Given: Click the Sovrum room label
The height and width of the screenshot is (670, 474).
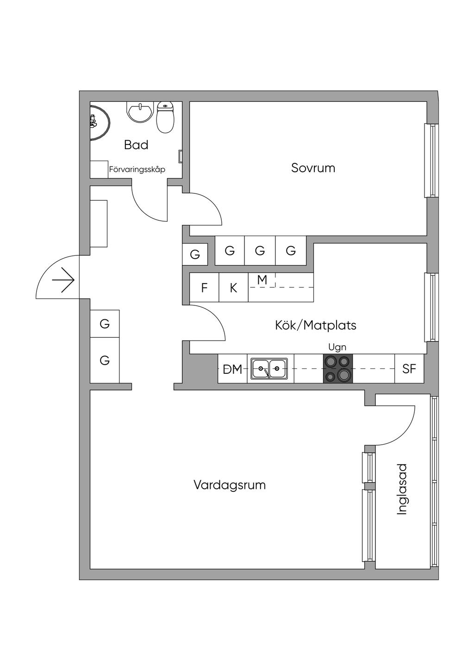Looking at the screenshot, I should (x=313, y=168).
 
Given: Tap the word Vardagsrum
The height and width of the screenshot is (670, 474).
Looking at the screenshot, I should (x=230, y=485).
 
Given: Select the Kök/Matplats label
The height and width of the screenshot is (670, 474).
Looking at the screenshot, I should (x=316, y=325).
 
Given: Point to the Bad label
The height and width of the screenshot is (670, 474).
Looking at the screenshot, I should (x=136, y=145).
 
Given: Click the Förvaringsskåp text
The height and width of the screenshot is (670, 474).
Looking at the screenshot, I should (x=137, y=170).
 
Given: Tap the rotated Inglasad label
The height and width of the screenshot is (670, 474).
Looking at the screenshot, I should (x=402, y=489).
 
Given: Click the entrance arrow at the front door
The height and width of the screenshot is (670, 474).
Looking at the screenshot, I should (x=63, y=280).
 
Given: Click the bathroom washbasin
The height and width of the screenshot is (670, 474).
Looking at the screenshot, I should (x=139, y=112).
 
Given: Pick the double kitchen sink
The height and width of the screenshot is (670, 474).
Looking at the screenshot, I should (x=269, y=369).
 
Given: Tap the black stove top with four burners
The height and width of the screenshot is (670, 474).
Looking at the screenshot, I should (x=337, y=369).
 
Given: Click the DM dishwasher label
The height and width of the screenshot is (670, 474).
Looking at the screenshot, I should (x=232, y=369).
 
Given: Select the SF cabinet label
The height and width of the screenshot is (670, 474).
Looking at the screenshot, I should (x=409, y=369).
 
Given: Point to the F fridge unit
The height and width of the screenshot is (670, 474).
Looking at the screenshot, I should (x=204, y=288).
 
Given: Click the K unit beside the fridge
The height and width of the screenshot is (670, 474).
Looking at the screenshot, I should (x=233, y=288).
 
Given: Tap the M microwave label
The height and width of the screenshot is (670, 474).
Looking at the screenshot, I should (x=262, y=280).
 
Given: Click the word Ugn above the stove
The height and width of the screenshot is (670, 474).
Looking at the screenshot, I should (x=337, y=347).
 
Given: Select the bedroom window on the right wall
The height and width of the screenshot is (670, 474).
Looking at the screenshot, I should (x=431, y=160).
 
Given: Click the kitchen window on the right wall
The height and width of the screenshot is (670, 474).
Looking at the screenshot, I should (x=431, y=308).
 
